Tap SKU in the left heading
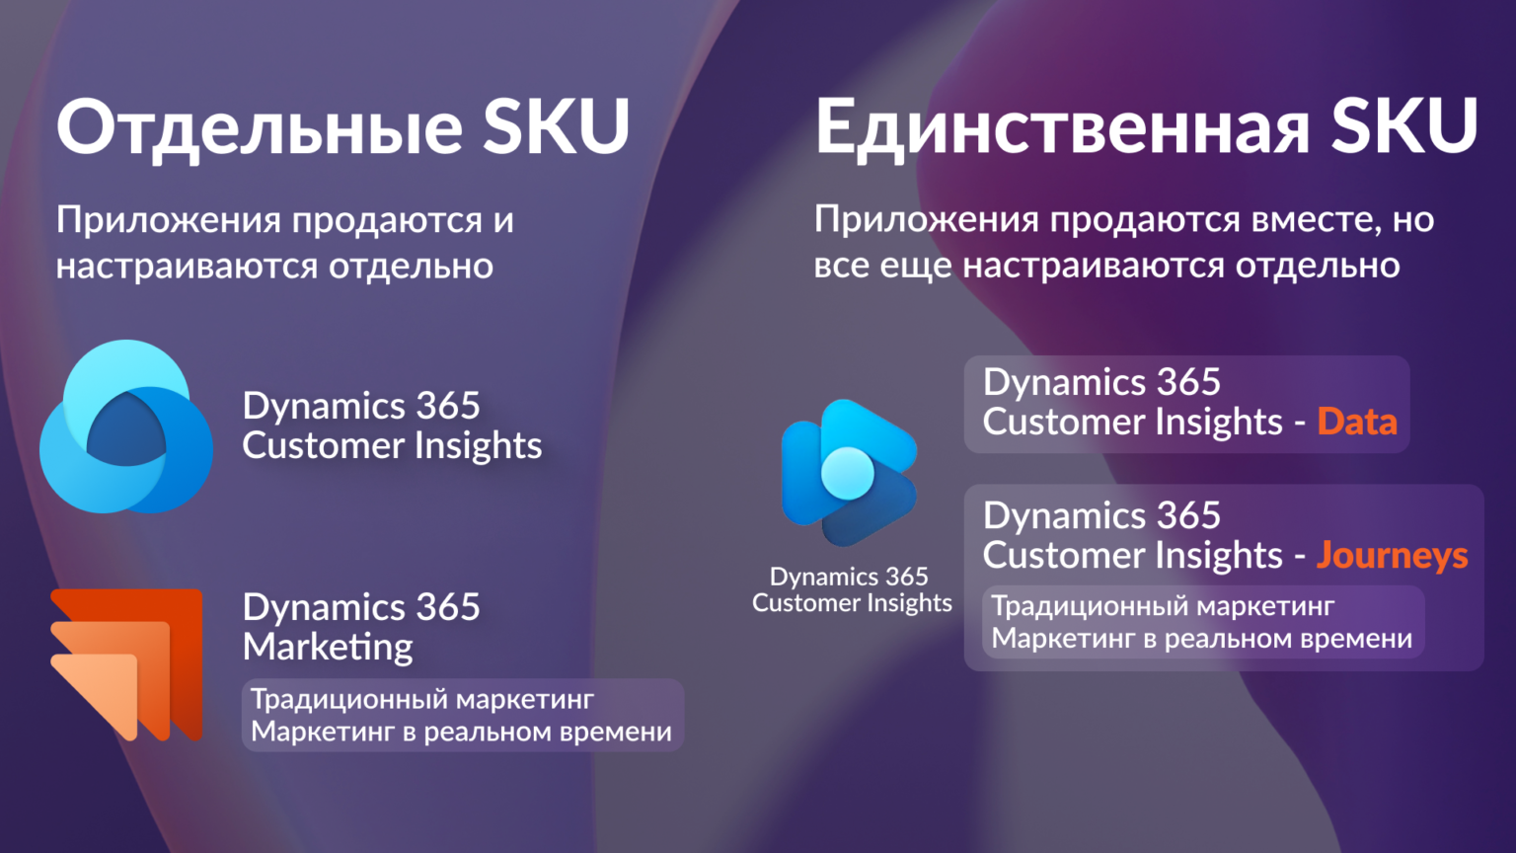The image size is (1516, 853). [557, 126]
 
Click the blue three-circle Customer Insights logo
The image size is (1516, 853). [126, 426]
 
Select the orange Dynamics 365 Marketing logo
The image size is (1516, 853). [126, 664]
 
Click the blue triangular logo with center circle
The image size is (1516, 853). [850, 473]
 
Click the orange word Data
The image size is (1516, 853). [1357, 422]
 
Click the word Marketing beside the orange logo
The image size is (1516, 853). [328, 648]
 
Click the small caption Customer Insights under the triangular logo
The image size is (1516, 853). [852, 602]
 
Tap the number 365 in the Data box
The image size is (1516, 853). [1188, 382]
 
